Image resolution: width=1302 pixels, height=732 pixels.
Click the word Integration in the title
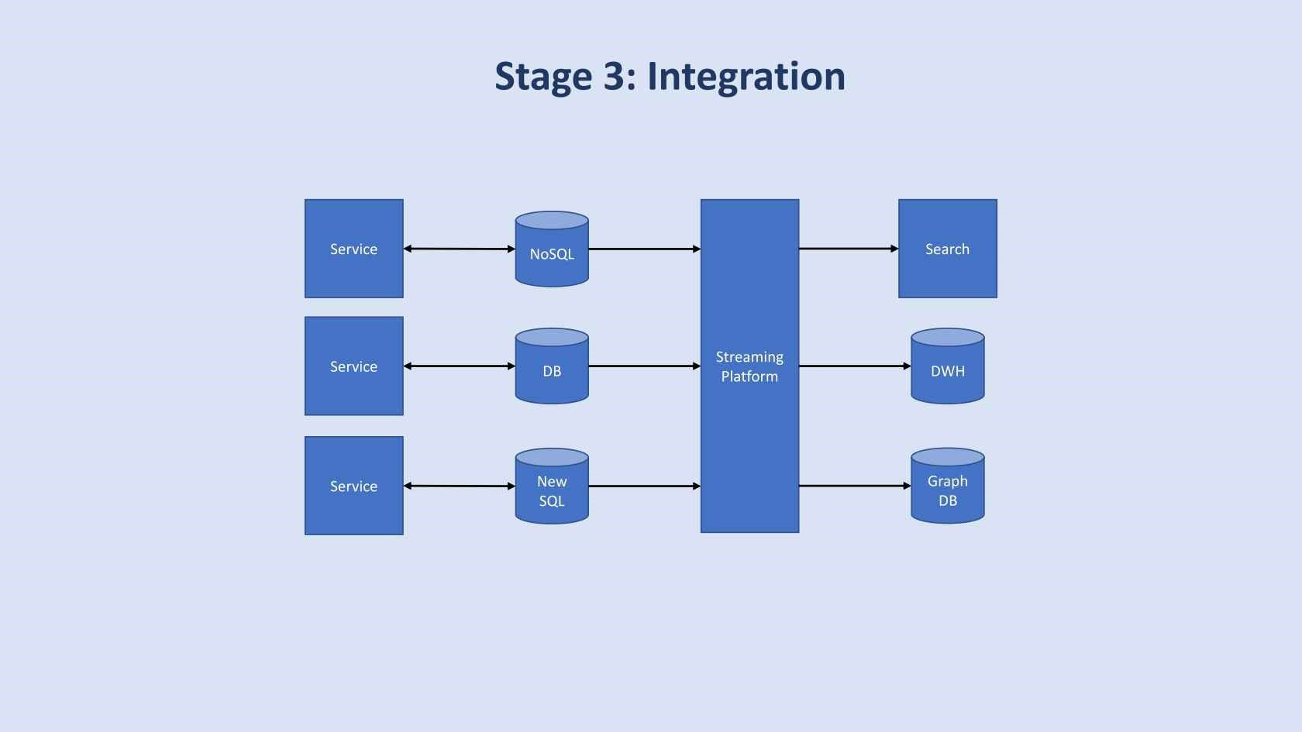[x=746, y=77]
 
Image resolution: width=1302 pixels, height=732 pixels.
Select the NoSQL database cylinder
[x=552, y=250]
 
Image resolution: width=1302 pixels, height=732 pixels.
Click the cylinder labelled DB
[x=552, y=367]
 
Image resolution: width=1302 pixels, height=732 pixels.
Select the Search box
[x=947, y=249]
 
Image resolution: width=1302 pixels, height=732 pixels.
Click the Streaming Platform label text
[x=749, y=366]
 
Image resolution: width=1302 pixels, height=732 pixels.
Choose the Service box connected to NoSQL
[x=353, y=249]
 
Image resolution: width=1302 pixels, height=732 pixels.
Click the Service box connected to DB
[x=353, y=366]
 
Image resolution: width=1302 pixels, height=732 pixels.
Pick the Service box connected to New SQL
[x=353, y=486]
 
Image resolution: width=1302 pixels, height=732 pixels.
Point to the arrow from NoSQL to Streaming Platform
[x=644, y=249]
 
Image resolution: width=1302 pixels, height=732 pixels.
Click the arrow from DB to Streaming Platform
[x=644, y=366]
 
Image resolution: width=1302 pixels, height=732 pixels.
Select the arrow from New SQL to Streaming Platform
[x=644, y=486]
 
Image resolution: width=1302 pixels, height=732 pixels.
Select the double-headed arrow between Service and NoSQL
[x=459, y=249]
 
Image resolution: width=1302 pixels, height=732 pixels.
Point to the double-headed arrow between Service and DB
[x=459, y=366]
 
